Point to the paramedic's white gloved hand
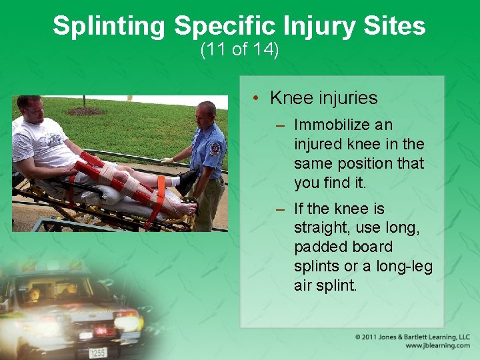pyautogui.click(x=167, y=161)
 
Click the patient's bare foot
pyautogui.click(x=186, y=209)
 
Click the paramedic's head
pyautogui.click(x=207, y=113)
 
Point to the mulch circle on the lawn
pyautogui.click(x=85, y=111)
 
